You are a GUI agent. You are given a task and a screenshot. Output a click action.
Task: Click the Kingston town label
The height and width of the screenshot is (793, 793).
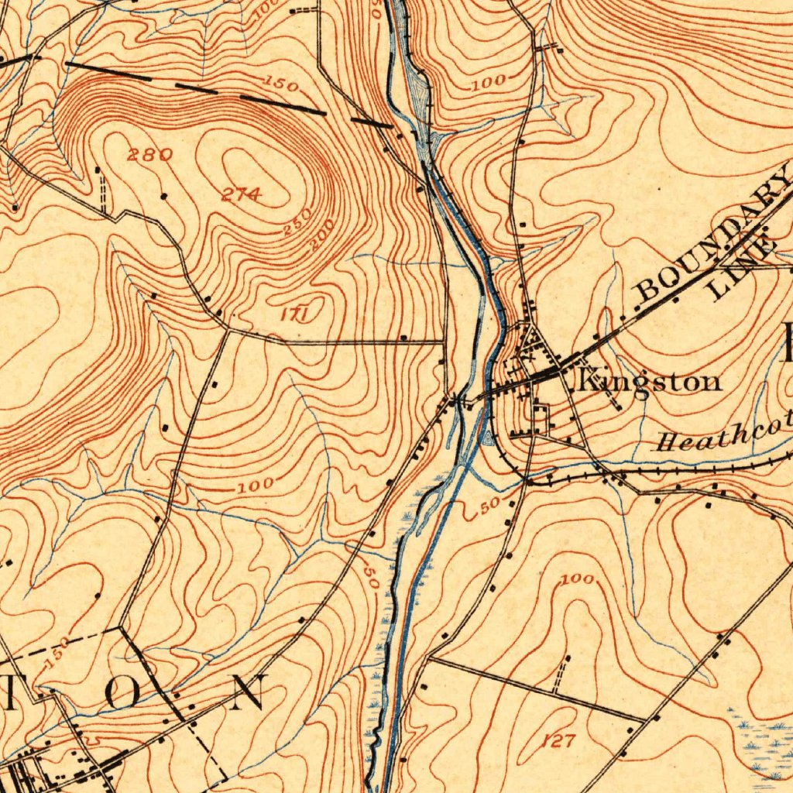649,381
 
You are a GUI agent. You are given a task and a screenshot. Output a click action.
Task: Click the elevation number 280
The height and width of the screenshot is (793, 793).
149,155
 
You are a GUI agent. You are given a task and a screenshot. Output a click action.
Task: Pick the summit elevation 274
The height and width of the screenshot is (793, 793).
241,195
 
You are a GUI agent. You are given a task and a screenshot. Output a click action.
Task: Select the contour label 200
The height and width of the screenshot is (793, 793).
320,234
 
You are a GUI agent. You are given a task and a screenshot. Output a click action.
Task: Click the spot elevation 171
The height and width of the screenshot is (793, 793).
295,314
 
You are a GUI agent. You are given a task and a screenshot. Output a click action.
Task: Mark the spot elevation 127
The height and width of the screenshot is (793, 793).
558,741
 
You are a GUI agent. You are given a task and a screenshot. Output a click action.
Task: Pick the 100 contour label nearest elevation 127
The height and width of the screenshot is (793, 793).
578,579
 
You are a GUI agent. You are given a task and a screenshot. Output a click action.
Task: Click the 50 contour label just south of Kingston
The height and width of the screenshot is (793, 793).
487,506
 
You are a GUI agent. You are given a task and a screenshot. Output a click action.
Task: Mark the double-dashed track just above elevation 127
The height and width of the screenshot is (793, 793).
561,674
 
